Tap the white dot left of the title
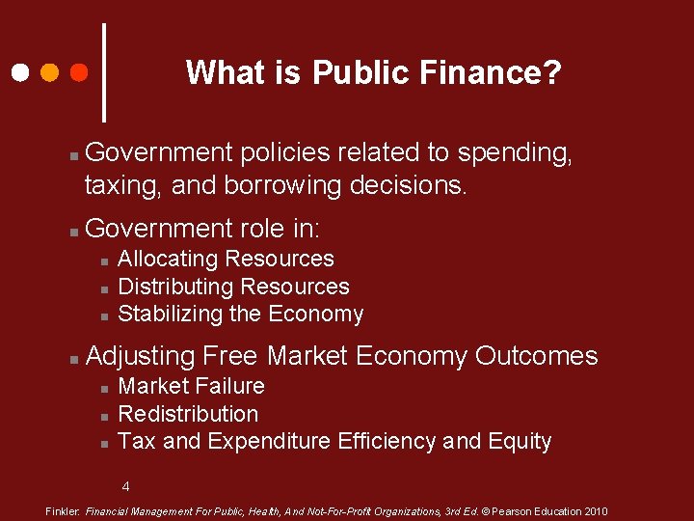19,72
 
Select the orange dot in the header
49,72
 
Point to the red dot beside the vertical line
80,72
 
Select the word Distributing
174,287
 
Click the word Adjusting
140,356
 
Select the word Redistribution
188,414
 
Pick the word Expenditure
269,442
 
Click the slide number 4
125,486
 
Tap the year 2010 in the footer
594,511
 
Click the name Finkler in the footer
64,511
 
